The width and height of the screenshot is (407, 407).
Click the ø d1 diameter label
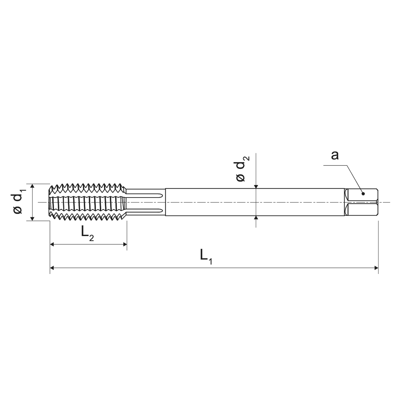tap(19, 202)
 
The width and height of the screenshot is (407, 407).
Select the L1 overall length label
tap(206, 256)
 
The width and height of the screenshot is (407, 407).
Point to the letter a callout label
tap(335, 156)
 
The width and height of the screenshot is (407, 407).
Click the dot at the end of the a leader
tap(362, 193)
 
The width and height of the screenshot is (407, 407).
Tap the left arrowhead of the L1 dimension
tap(52, 268)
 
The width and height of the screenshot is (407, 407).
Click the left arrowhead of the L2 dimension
tap(52, 245)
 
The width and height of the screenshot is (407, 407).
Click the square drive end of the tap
tap(362, 202)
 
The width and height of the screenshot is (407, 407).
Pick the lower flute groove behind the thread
tap(146, 211)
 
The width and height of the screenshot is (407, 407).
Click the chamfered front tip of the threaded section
tap(51, 202)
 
